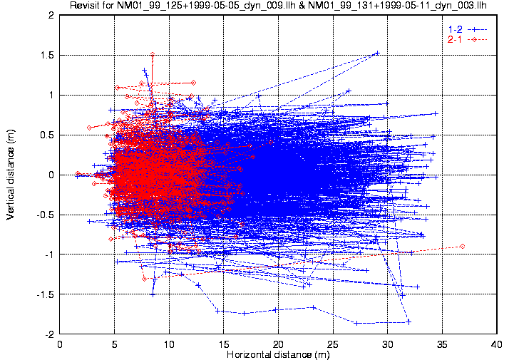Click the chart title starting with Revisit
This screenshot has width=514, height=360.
point(277,6)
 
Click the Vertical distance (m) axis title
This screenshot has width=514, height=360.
point(11,174)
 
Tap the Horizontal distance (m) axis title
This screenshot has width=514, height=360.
point(277,354)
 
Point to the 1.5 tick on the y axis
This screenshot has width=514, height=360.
point(49,55)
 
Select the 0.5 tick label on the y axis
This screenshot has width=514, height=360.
point(49,135)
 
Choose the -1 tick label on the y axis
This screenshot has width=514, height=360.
point(51,254)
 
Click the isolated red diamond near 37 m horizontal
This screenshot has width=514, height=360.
point(463,246)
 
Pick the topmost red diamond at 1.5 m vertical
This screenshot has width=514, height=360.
point(152,54)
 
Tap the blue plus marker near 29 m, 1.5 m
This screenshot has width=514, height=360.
point(377,53)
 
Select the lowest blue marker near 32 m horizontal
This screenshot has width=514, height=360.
point(408,322)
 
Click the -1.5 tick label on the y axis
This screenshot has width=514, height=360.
point(48,294)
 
